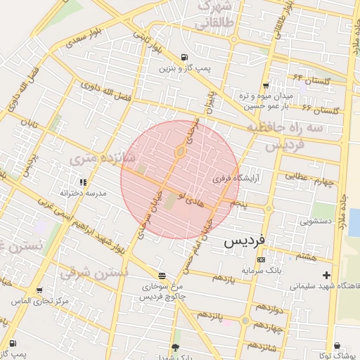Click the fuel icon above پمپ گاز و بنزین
pos(184,58)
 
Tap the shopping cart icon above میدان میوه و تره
pos(264,86)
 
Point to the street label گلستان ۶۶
pos(321,110)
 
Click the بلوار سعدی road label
pos(85,37)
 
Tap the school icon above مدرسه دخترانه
pos(84,182)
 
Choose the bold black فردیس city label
pos(245,240)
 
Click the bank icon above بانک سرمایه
pos(262,259)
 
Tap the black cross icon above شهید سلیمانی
pos(325,275)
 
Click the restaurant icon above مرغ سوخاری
pos(162,276)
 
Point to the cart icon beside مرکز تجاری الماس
pos(39,290)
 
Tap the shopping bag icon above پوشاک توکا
pos(337,345)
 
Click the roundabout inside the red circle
pos(181,151)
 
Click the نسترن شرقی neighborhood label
pos(96,271)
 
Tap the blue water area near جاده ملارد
pos(354,221)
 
